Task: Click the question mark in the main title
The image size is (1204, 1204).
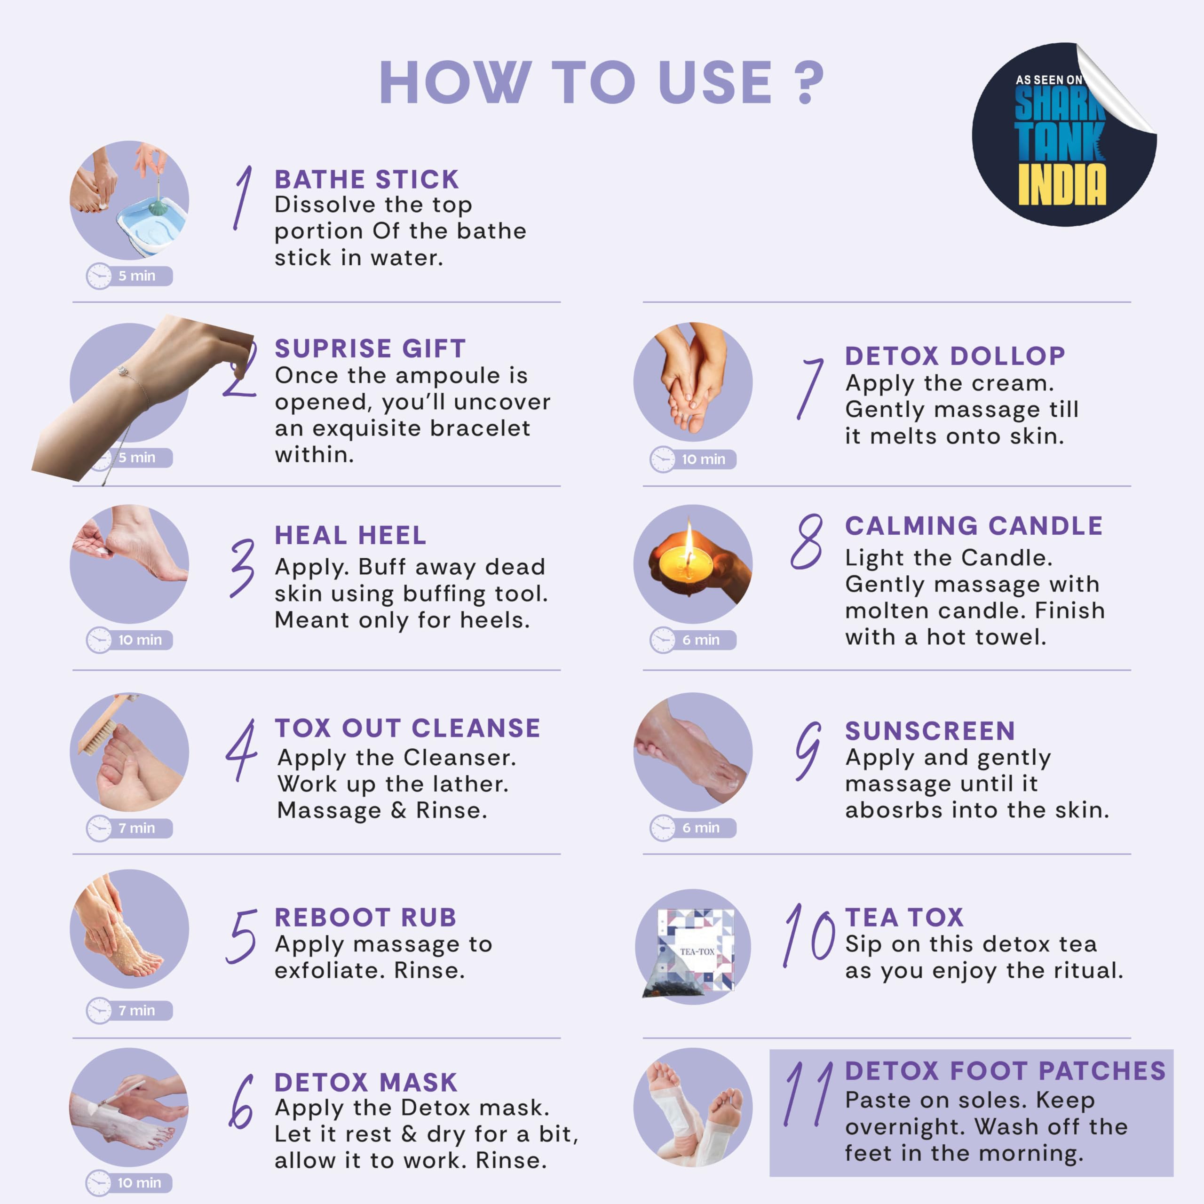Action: point(809,82)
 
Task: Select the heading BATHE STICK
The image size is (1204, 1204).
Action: point(367,180)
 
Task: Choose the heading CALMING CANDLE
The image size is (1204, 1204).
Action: point(974,526)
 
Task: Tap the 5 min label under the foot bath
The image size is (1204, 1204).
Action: point(136,276)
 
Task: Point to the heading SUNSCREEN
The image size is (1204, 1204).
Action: point(930,731)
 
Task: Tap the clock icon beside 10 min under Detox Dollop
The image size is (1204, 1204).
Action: point(663,459)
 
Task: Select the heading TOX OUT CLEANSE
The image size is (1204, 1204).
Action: point(408,728)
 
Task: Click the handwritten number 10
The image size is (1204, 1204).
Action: point(809,935)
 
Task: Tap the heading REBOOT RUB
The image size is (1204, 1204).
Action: point(366,917)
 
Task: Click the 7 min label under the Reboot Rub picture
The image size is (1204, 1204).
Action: point(136,1010)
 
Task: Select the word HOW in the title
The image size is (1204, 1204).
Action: point(456,82)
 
